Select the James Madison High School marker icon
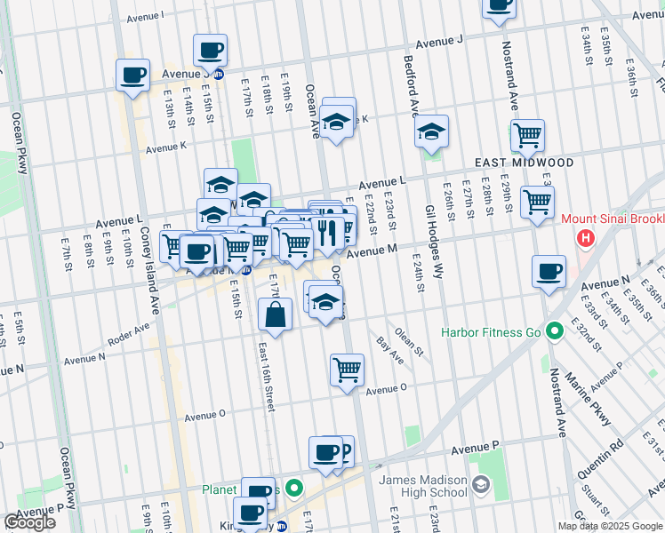point(481,484)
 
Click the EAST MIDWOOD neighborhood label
point(511,163)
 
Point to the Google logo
point(30,522)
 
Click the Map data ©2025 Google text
point(609,526)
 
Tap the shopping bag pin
point(276,314)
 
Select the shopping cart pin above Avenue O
point(347,370)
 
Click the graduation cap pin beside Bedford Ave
point(432,133)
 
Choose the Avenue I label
point(145,16)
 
